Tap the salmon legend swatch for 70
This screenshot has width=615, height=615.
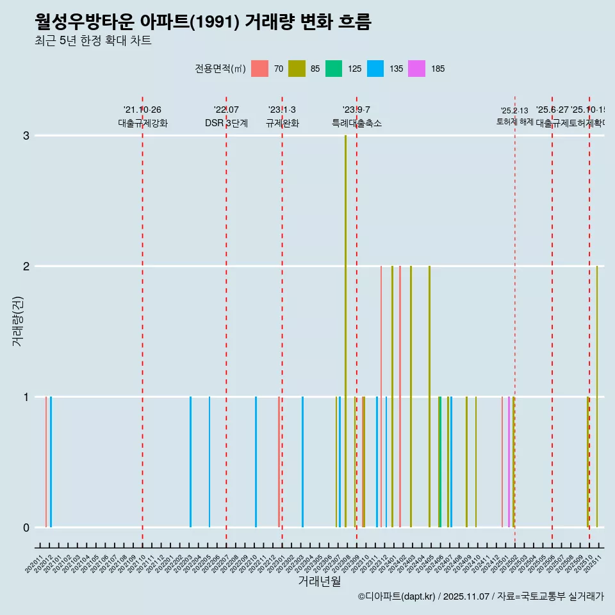coord(259,69)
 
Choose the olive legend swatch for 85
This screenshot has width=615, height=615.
coord(297,69)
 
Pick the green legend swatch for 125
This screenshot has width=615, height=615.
coord(334,69)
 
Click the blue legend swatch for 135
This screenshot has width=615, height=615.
coord(375,69)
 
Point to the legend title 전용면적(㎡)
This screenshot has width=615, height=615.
coord(220,69)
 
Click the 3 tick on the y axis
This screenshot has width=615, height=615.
coord(26,135)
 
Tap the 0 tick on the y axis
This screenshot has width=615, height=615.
coord(26,527)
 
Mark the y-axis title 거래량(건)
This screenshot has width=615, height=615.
coord(17,320)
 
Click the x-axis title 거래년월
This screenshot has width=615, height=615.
coord(319,581)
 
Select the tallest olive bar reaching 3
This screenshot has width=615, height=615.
coord(345,331)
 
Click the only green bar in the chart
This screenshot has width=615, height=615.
coord(440,462)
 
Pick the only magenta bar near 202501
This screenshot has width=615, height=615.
coord(509,462)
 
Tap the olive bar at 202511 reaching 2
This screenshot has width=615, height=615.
coord(597,397)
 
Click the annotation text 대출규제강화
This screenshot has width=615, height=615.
coord(142,123)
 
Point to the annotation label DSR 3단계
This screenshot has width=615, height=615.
coord(226,123)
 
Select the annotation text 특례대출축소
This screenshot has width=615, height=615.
coord(356,123)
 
